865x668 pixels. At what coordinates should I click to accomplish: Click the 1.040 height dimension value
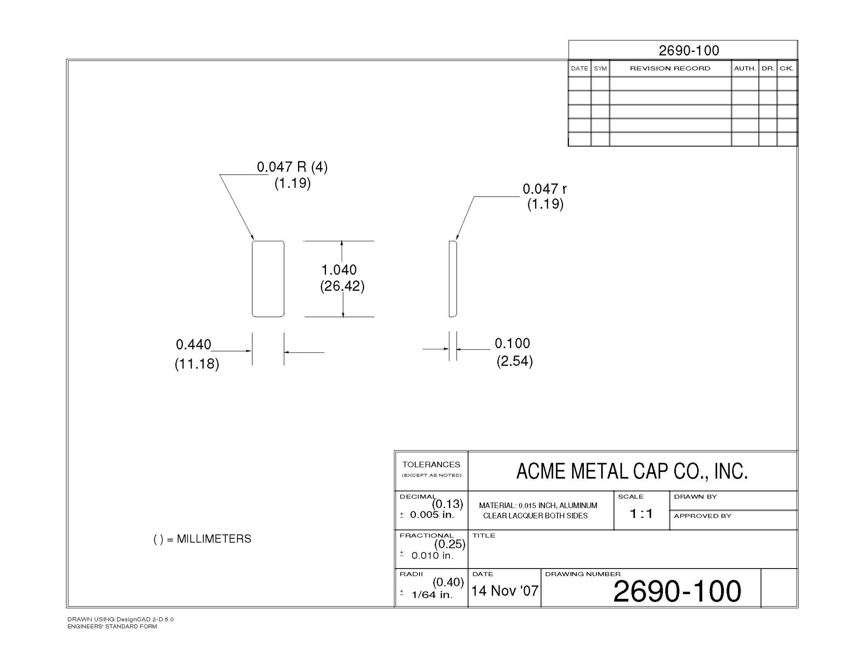339,270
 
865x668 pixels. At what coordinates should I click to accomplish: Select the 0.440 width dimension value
193,345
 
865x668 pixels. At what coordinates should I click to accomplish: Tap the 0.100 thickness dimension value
513,343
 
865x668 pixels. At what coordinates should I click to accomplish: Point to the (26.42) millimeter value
342,286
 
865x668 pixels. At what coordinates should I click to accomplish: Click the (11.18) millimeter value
197,364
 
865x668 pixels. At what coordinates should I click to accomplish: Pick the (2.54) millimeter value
515,361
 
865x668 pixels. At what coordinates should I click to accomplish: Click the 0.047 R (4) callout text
292,167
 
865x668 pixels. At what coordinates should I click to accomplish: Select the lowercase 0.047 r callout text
545,189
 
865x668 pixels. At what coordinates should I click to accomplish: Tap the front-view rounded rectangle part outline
253,279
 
